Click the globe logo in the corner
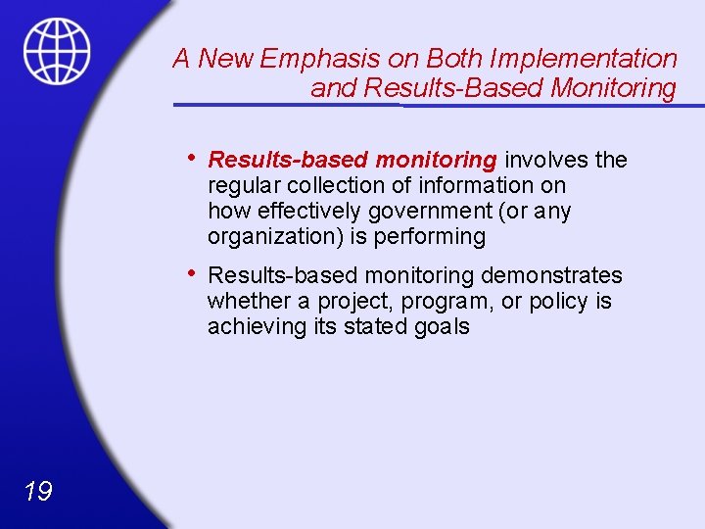pyautogui.click(x=57, y=50)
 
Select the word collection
pyautogui.click(x=362, y=185)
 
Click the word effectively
pyautogui.click(x=309, y=211)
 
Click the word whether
pyautogui.click(x=244, y=301)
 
